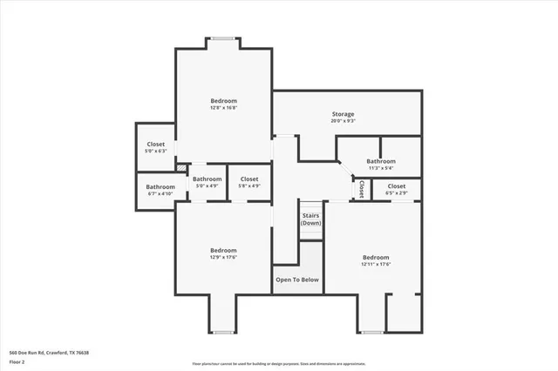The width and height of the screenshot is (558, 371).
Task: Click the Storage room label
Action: (343, 114)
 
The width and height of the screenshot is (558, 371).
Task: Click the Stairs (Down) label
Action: (311, 219)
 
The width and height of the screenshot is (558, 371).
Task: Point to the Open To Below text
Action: (297, 280)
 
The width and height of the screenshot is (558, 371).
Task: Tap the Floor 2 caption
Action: (18, 362)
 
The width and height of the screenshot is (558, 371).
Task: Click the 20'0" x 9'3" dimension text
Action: (343, 121)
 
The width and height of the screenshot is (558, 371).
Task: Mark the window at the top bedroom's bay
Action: (222, 37)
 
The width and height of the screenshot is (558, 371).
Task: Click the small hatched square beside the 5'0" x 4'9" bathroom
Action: (181, 167)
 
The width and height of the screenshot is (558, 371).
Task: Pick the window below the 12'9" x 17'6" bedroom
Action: (223, 332)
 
